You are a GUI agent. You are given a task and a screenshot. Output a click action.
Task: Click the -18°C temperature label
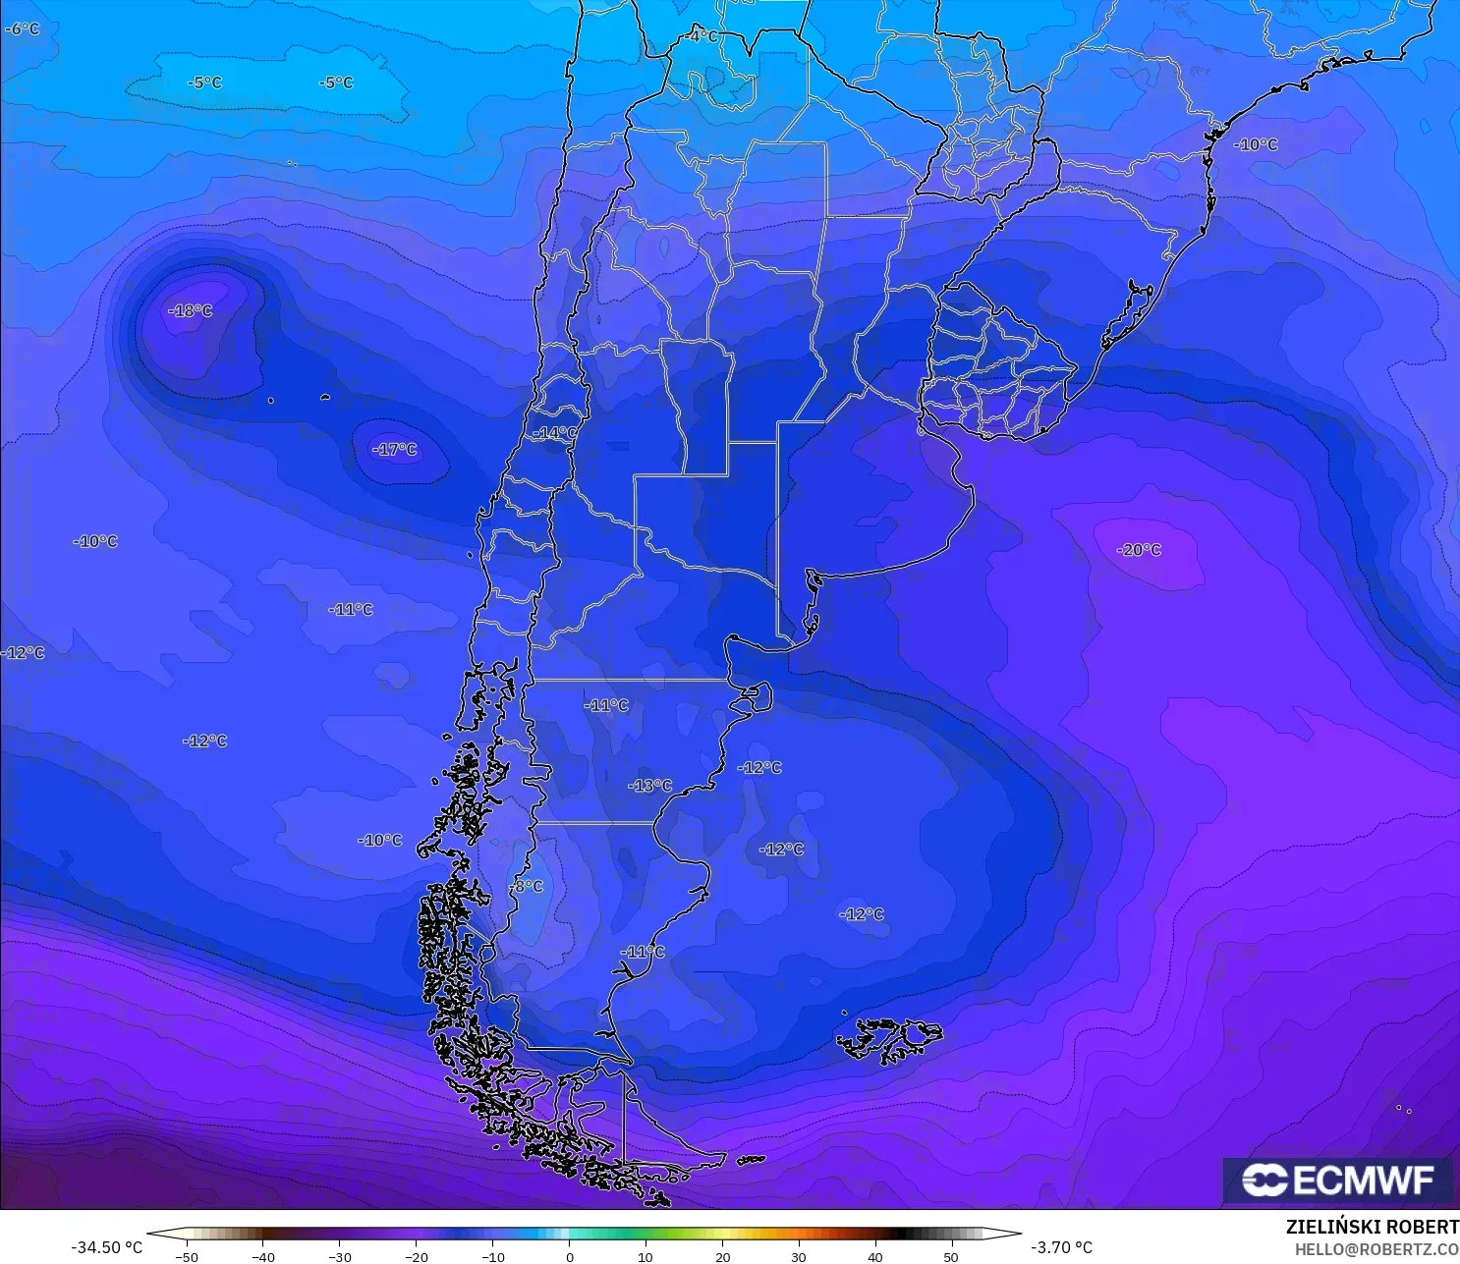click(x=191, y=311)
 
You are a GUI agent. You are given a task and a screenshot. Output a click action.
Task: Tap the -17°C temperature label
click(x=395, y=450)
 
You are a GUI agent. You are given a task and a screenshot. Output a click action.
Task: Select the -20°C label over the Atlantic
click(x=1140, y=550)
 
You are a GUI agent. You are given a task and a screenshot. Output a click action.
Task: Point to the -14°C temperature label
click(x=555, y=433)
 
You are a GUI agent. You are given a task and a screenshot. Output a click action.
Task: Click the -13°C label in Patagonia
click(x=650, y=786)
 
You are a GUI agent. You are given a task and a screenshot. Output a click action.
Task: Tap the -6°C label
click(x=22, y=29)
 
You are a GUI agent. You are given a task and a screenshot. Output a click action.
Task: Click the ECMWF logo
click(x=1337, y=1180)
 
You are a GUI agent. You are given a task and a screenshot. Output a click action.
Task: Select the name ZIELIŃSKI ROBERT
click(x=1372, y=1227)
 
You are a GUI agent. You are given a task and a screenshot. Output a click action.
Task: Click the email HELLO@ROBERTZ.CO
click(x=1376, y=1249)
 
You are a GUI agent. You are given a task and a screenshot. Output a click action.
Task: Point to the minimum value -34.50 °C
click(x=106, y=1247)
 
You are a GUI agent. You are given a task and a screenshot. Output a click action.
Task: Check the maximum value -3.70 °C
click(x=1061, y=1247)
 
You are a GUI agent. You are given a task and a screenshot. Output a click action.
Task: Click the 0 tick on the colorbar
click(x=570, y=1256)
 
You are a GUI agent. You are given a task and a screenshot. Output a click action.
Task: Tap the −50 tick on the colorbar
click(x=186, y=1256)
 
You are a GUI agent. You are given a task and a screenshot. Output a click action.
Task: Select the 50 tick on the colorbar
click(x=951, y=1256)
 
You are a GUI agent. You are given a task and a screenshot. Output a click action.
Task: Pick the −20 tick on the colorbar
click(x=416, y=1256)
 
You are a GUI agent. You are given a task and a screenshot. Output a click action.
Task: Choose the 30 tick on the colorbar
click(x=798, y=1256)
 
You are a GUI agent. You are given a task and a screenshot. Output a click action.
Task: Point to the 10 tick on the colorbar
click(x=646, y=1256)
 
